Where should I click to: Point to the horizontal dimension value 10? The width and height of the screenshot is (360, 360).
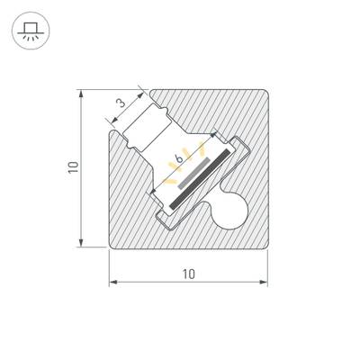[188, 273]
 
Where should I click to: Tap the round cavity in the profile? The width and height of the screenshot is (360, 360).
[232, 213]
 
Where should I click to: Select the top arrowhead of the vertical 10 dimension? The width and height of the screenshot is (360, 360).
[82, 93]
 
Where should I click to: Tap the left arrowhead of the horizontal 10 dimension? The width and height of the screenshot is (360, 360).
[113, 283]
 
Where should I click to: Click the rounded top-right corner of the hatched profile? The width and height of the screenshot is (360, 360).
[262, 95]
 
